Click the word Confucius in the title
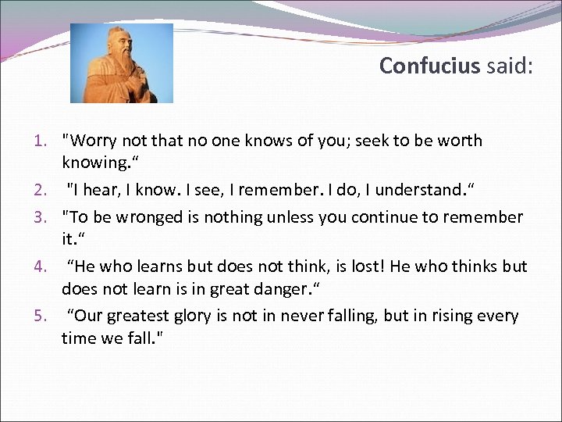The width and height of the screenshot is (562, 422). [429, 66]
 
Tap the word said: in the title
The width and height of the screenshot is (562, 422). [509, 66]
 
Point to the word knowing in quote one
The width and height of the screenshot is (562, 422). [93, 163]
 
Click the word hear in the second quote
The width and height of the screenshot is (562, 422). [103, 188]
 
